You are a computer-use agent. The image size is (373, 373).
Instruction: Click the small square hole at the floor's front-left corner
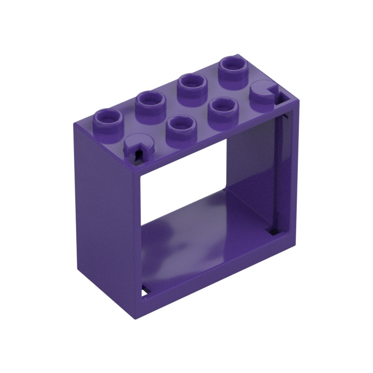[x=145, y=292]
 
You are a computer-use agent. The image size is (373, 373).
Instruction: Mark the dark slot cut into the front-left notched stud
[x=138, y=154]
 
